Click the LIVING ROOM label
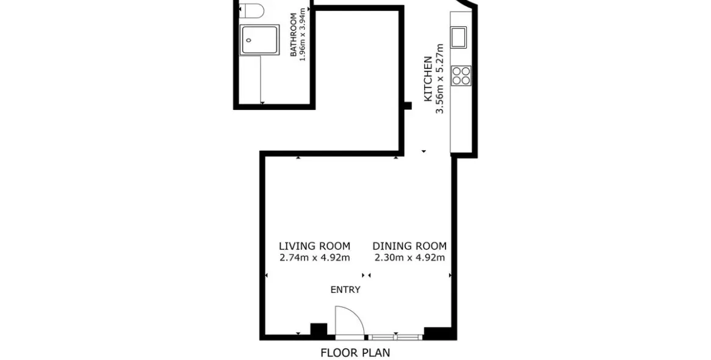coord(314,246)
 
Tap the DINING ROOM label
coord(410,246)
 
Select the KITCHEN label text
coord(428,79)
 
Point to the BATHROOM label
coord(294,35)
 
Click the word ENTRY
coord(345,290)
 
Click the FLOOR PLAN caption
coord(355,353)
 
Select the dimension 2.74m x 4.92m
coord(314,258)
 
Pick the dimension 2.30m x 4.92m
coord(410,258)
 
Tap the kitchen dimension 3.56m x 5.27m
coord(439,79)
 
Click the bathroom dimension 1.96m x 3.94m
coord(303,35)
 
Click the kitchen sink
coord(458,37)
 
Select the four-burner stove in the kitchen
coord(461,76)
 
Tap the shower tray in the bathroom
coord(259,40)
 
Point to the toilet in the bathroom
coord(251,9)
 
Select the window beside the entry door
coord(395,337)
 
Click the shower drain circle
coord(248,40)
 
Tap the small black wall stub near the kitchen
coord(408,106)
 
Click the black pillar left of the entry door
coord(319,329)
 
